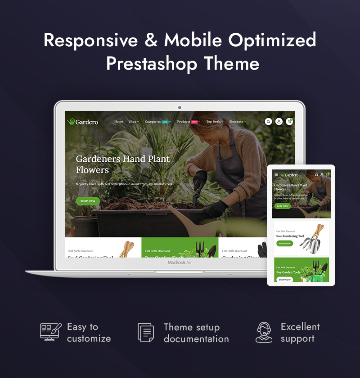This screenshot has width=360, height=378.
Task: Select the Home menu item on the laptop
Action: tap(118, 122)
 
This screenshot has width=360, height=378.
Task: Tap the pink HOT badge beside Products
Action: tap(194, 122)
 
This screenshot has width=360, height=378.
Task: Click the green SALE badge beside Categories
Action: tap(165, 122)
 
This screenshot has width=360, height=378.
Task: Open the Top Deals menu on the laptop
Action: tap(215, 122)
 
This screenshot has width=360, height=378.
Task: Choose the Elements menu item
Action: tap(237, 122)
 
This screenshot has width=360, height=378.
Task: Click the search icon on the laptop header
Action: tap(268, 121)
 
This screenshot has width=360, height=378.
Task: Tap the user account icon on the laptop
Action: tap(279, 121)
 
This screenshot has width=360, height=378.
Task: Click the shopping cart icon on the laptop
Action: tap(290, 121)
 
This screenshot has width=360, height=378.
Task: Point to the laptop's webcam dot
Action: tap(180, 107)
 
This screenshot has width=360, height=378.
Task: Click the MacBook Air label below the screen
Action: tap(180, 262)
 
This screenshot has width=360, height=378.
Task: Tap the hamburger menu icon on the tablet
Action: tap(276, 175)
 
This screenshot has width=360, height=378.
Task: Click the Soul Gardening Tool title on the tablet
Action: tap(290, 236)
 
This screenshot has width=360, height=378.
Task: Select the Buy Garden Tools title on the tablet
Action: tap(288, 272)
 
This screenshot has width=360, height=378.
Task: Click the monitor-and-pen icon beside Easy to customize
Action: tap(50, 332)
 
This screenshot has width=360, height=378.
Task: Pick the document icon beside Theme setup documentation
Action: tap(146, 333)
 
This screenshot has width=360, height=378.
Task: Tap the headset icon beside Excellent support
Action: tap(264, 333)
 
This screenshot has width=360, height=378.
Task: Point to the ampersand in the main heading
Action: tap(150, 40)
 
